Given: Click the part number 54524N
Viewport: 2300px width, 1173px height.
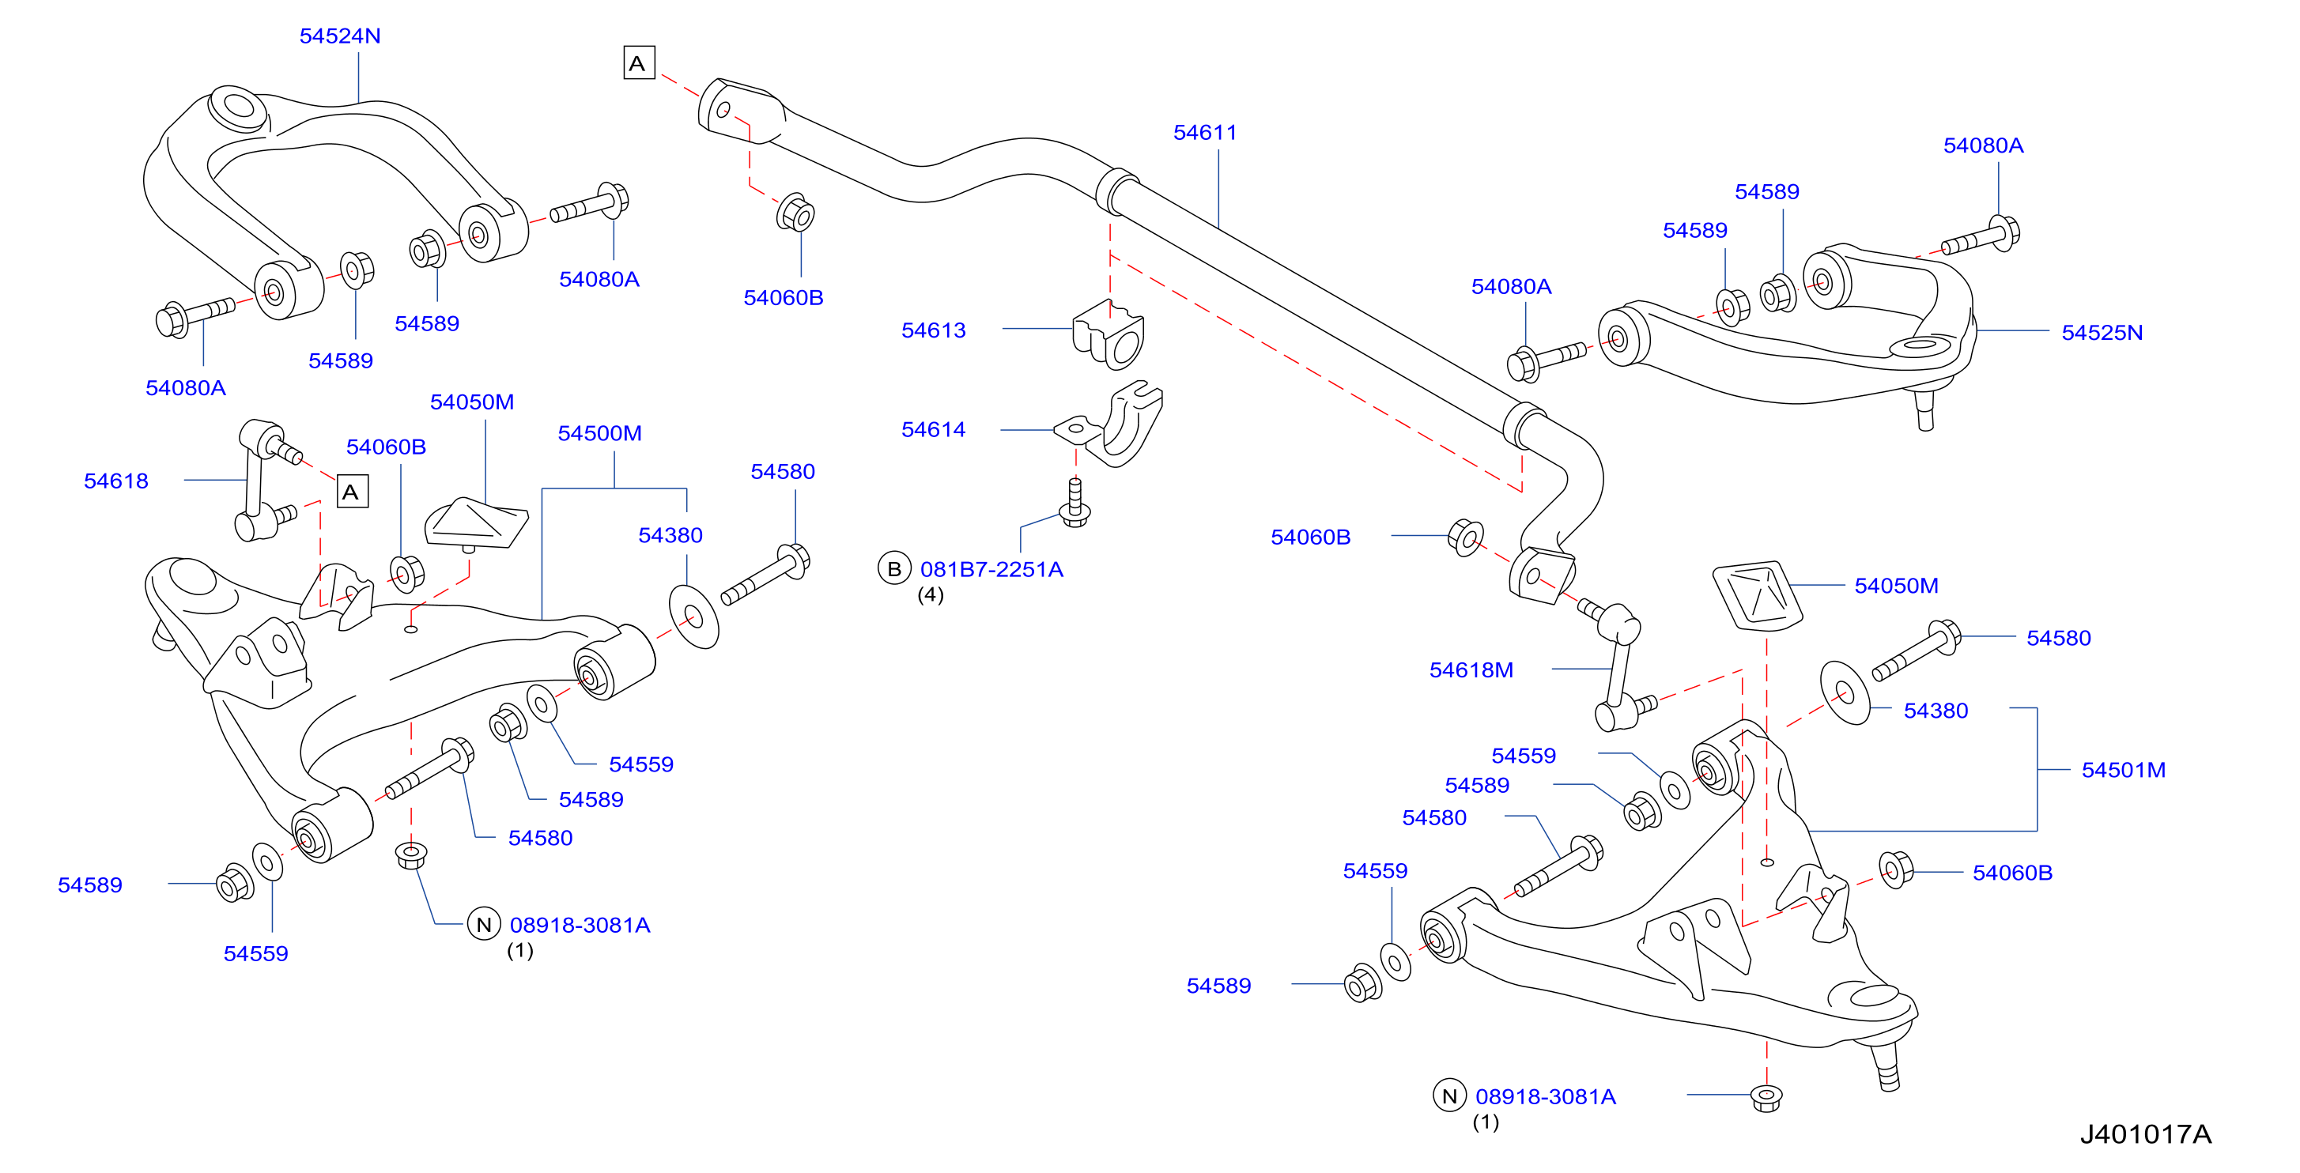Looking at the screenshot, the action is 339,36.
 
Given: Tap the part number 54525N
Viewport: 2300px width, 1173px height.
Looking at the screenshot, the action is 2102,332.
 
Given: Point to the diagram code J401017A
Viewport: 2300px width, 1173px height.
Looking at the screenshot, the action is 2146,1133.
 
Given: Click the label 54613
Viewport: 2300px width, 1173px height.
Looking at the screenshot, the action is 933,330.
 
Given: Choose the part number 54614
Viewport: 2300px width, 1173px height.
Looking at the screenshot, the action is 933,429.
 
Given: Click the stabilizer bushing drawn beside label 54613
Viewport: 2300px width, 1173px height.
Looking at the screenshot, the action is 1108,335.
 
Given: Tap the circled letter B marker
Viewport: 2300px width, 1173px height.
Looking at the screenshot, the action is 893,568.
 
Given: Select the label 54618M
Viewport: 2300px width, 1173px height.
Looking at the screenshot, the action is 1471,669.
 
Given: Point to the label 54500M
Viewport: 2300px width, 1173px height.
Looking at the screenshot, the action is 599,433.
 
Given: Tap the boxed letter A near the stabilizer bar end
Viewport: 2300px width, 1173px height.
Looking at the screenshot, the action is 638,62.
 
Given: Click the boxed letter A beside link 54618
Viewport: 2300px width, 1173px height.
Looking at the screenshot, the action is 352,491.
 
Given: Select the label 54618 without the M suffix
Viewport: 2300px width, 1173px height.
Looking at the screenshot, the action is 115,481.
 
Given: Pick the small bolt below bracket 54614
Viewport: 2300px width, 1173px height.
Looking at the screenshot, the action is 1075,503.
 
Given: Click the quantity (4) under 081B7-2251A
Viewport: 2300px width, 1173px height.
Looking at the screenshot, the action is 931,594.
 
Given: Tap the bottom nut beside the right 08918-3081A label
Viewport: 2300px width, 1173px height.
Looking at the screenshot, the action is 1766,1097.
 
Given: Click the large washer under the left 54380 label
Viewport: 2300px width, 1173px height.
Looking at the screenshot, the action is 693,616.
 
